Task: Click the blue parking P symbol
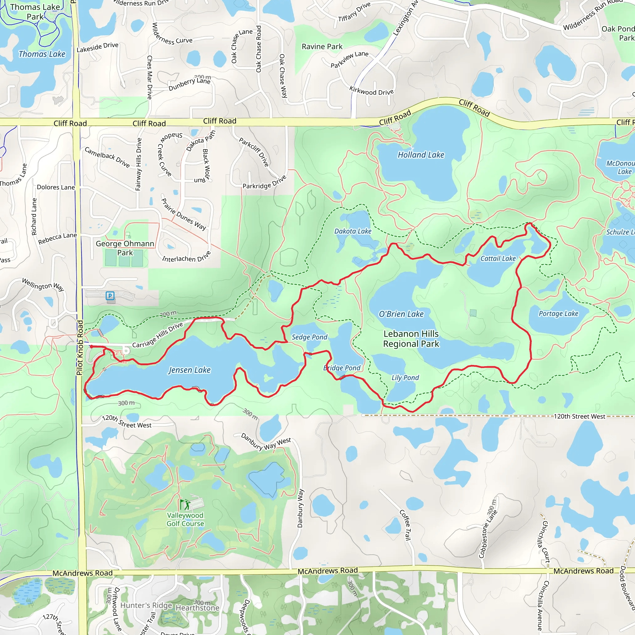pos(110,296)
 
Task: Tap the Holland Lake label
pos(421,155)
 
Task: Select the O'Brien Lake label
pos(401,314)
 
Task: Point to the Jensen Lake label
pos(190,370)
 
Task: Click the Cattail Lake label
pos(498,259)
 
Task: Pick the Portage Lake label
pos(558,313)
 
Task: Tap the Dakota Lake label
pos(353,231)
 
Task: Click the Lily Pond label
pos(405,378)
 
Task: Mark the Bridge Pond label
pos(342,368)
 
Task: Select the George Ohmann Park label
pos(125,248)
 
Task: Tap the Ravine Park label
pos(322,47)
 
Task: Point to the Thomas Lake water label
pos(42,54)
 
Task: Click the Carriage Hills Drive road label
pos(158,335)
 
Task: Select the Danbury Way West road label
pos(266,442)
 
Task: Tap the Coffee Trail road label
pos(405,525)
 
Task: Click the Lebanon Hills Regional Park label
pos(411,339)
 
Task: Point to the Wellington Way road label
pos(43,285)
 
